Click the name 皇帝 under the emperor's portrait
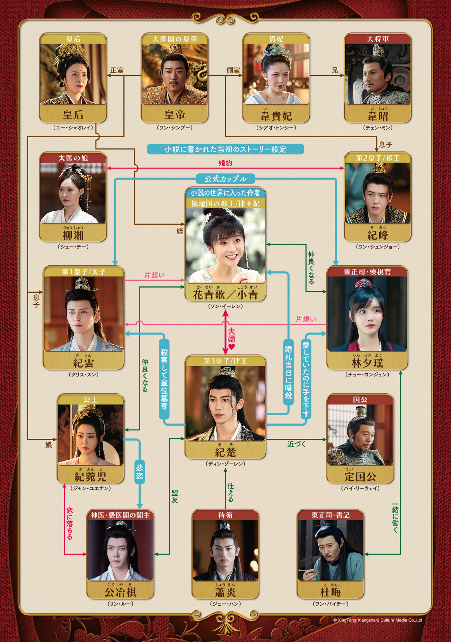[x=174, y=115]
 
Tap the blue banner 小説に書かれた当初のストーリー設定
[x=225, y=149]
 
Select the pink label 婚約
[x=225, y=163]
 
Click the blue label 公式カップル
[x=225, y=179]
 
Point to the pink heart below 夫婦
[x=232, y=347]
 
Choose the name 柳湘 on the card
[x=73, y=235]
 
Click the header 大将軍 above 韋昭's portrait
[x=378, y=39]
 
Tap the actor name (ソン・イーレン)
[x=225, y=307]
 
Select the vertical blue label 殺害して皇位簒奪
[x=164, y=379]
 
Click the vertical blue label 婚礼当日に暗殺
[x=288, y=372]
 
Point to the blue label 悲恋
[x=139, y=471]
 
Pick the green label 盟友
[x=174, y=496]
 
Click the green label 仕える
[x=231, y=492]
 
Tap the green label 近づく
[x=296, y=444]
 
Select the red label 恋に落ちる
[x=69, y=523]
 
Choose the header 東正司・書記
[x=330, y=515]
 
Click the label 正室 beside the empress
[x=117, y=70]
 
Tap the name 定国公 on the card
[x=360, y=477]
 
